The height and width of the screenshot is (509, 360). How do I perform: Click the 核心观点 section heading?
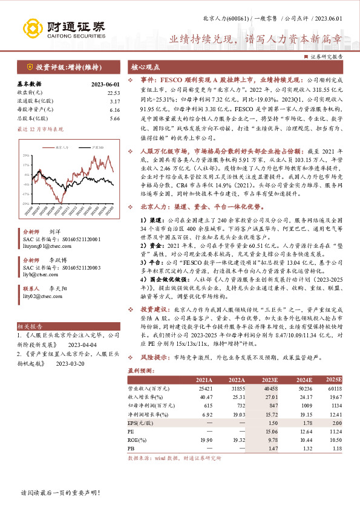point(145,66)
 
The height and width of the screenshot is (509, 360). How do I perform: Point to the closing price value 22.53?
point(114,92)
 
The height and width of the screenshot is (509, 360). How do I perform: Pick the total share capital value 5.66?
point(115,118)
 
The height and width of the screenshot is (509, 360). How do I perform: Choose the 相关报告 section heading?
point(28,325)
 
